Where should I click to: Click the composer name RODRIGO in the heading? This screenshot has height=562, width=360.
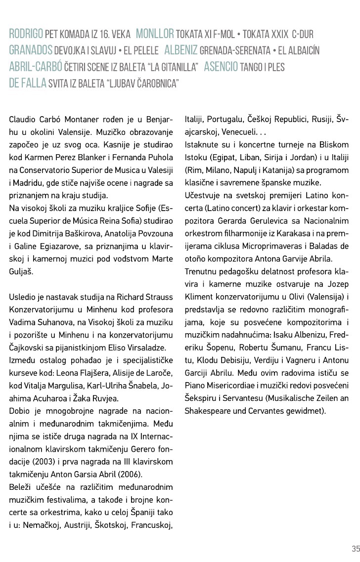26,35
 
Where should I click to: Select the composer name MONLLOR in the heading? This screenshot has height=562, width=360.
154,35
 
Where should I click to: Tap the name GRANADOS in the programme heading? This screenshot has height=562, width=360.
31,50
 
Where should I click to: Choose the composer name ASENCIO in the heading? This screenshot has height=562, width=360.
221,66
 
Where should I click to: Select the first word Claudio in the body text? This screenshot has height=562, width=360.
22,120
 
